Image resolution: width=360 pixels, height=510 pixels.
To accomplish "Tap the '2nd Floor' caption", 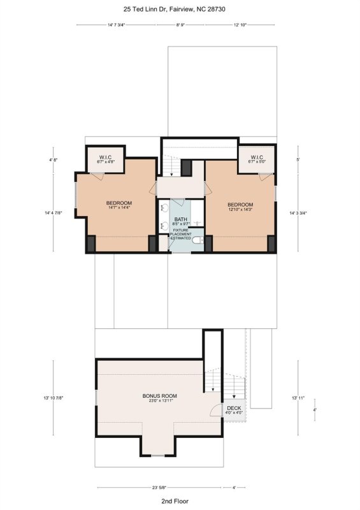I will pos(174,501).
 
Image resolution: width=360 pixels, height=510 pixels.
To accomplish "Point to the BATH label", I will pos(180,219).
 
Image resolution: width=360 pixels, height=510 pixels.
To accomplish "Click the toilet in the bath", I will pos(199,240).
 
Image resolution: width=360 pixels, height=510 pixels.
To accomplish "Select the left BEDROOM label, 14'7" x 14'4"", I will pos(119,205).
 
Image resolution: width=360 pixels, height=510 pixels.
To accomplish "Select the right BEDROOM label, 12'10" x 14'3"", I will pos(240,207).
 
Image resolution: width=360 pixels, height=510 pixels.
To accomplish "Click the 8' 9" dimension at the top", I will pos(180,25).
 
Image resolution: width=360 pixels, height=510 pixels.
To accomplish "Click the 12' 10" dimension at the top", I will pos(240,25).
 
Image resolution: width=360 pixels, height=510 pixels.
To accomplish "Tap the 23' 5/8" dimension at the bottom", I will pos(159,487).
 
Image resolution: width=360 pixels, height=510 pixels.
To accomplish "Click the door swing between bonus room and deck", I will pos(217,409).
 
